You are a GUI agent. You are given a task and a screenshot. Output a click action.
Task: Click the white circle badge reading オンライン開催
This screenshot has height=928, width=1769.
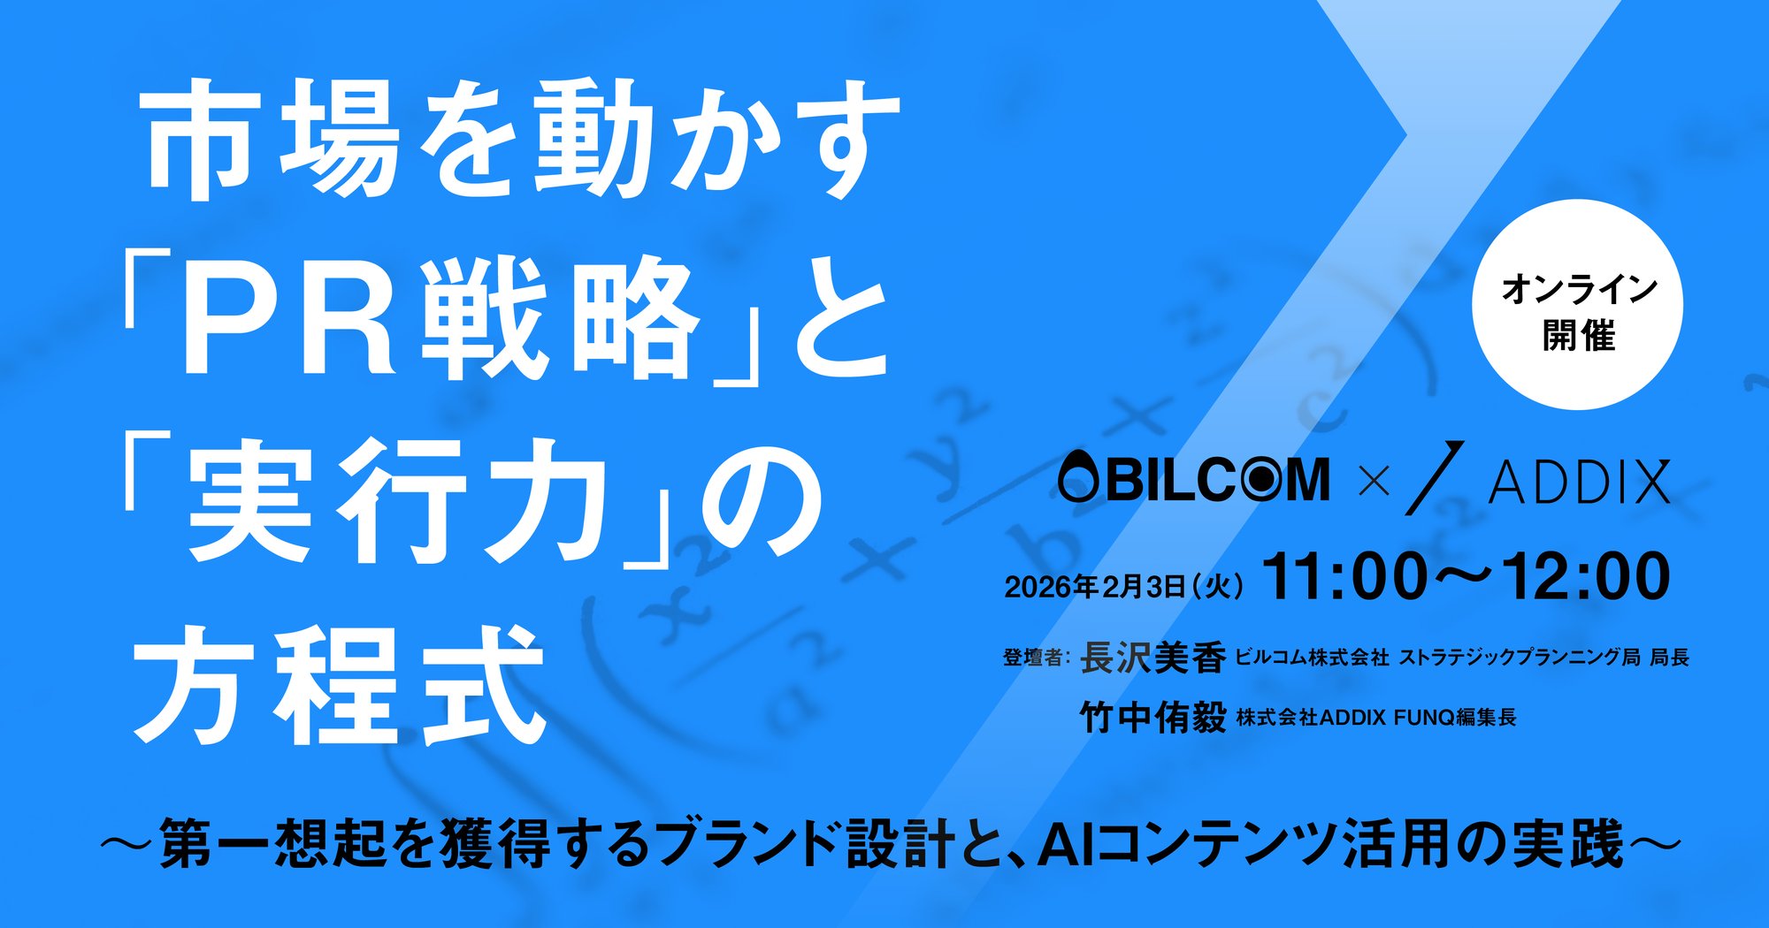[1577, 305]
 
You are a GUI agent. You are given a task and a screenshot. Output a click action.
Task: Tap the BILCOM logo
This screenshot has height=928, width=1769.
[1194, 480]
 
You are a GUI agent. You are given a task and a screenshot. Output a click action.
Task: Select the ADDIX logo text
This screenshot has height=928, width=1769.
[1580, 483]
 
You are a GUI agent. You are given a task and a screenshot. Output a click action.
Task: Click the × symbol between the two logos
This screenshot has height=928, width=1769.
[1374, 482]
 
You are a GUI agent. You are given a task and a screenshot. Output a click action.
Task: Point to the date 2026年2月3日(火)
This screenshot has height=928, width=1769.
[1124, 587]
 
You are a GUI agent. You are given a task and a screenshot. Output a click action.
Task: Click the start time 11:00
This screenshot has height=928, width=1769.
[1344, 578]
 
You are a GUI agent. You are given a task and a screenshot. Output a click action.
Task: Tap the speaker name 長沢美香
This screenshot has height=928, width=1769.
[1153, 658]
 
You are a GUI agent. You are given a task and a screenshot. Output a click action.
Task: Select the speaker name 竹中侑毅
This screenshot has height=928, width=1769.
[1153, 717]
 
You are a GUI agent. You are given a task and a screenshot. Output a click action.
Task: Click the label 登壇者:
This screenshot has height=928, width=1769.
[1037, 658]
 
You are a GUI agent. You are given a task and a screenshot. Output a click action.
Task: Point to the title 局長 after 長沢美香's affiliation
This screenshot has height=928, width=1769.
[1670, 658]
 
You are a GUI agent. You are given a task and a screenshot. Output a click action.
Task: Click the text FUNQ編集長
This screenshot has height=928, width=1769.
[1455, 718]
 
